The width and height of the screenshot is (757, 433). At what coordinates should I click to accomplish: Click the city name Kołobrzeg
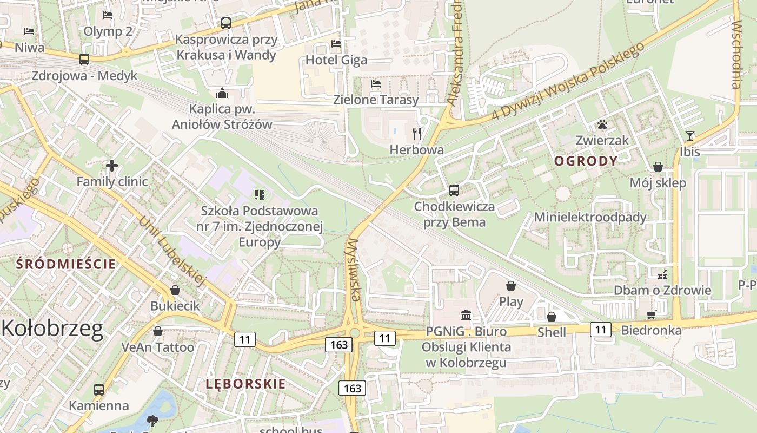[52, 329]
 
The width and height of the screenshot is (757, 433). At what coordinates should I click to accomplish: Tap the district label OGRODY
[586, 161]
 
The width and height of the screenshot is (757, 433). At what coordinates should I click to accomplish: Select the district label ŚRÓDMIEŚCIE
[66, 264]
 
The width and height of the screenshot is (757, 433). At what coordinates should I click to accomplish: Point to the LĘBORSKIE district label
[245, 384]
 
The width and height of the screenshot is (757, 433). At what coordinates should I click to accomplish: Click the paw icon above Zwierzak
[602, 125]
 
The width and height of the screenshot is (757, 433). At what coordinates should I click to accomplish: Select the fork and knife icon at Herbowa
[416, 133]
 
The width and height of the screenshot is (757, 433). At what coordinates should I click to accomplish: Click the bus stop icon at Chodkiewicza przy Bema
[454, 191]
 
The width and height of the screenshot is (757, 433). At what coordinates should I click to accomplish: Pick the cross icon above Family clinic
[112, 166]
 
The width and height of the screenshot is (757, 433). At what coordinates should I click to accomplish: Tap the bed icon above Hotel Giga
[336, 43]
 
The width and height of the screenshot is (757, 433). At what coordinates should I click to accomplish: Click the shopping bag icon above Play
[511, 285]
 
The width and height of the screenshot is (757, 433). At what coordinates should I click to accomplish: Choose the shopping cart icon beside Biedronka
[652, 314]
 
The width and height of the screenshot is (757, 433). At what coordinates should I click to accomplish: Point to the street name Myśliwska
[354, 269]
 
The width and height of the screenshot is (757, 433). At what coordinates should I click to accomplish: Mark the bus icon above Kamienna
[99, 389]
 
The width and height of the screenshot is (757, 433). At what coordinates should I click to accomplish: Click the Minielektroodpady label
[590, 217]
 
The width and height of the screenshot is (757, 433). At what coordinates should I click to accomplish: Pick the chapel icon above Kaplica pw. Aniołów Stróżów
[222, 93]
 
